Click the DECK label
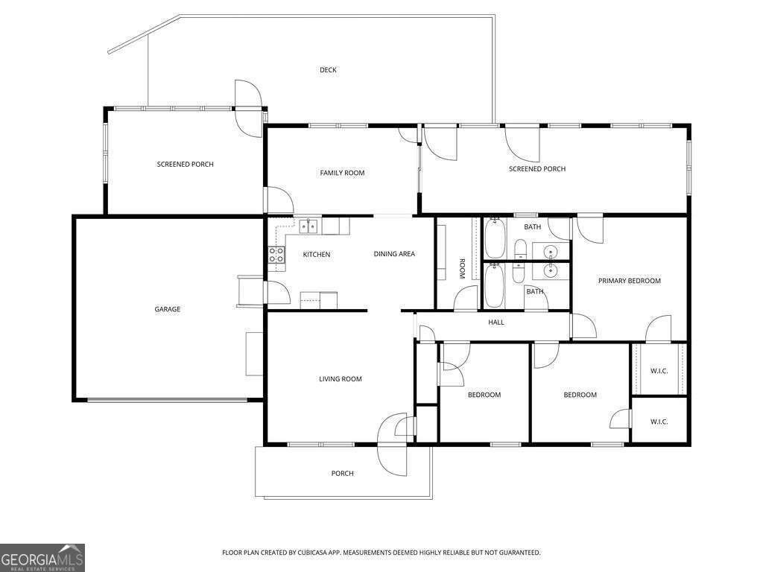[x=328, y=70]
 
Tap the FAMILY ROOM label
[x=342, y=173]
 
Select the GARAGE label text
[x=168, y=309]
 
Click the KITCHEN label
[x=316, y=255]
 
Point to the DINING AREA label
[x=394, y=254]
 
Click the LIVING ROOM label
[x=341, y=379]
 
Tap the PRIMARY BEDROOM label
[x=630, y=281]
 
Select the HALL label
[x=496, y=322]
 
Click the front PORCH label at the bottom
[x=343, y=474]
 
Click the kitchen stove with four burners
[x=276, y=255]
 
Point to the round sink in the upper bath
[x=551, y=250]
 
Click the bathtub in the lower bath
[x=495, y=287]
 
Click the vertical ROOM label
[x=462, y=268]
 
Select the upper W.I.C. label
[x=659, y=370]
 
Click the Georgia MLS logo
[x=42, y=558]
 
